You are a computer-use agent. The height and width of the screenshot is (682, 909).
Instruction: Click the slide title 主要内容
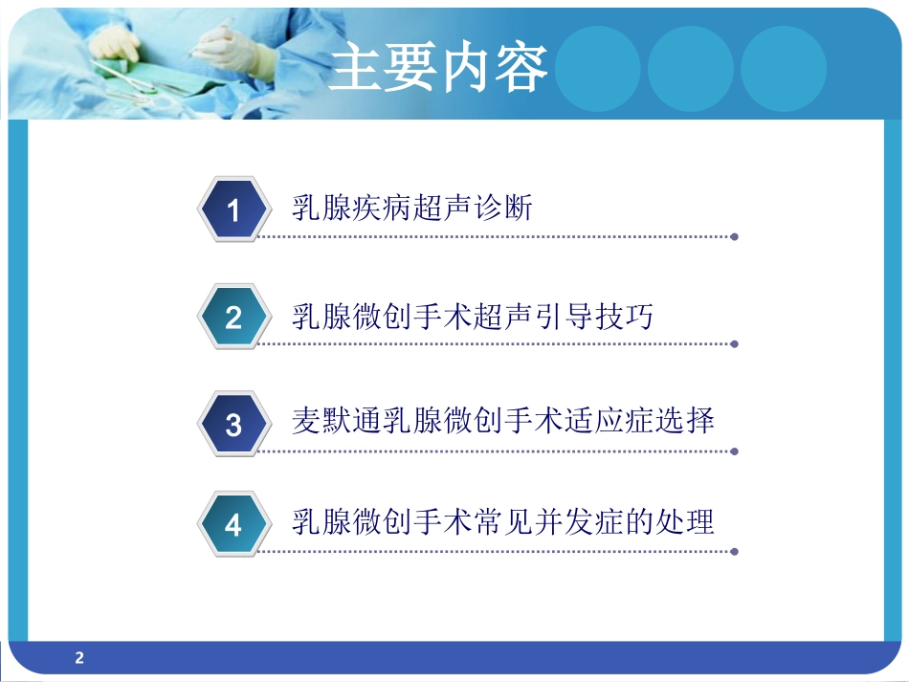point(438,68)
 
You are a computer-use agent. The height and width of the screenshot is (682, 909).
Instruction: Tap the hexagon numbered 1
point(233,210)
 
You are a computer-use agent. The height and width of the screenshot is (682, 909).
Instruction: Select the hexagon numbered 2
point(233,318)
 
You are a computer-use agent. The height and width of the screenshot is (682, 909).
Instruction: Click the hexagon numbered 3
point(233,424)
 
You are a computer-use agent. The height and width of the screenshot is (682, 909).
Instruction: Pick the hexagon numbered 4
point(233,526)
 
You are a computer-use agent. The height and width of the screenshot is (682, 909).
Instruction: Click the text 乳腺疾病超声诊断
point(411,208)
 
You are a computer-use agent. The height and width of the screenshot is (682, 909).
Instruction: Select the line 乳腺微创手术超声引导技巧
point(472,315)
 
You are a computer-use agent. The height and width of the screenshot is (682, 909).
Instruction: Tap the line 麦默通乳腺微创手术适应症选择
point(502,421)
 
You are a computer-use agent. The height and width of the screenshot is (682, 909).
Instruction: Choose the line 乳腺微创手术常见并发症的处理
point(502,522)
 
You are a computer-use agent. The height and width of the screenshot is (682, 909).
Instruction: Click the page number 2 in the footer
point(79,657)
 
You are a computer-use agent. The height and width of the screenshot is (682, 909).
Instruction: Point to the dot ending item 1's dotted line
point(734,236)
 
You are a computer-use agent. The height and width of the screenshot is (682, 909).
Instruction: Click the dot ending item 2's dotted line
point(734,343)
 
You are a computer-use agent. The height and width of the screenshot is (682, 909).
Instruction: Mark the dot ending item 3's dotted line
point(734,450)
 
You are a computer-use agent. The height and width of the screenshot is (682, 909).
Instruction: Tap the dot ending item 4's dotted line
point(734,552)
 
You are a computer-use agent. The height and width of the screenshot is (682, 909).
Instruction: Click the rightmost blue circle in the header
point(783,68)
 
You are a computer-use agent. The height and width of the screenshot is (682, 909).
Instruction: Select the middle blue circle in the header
point(690,68)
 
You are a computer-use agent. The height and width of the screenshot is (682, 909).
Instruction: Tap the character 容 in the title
point(521,68)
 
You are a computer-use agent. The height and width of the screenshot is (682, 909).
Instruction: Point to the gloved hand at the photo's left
point(115,43)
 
